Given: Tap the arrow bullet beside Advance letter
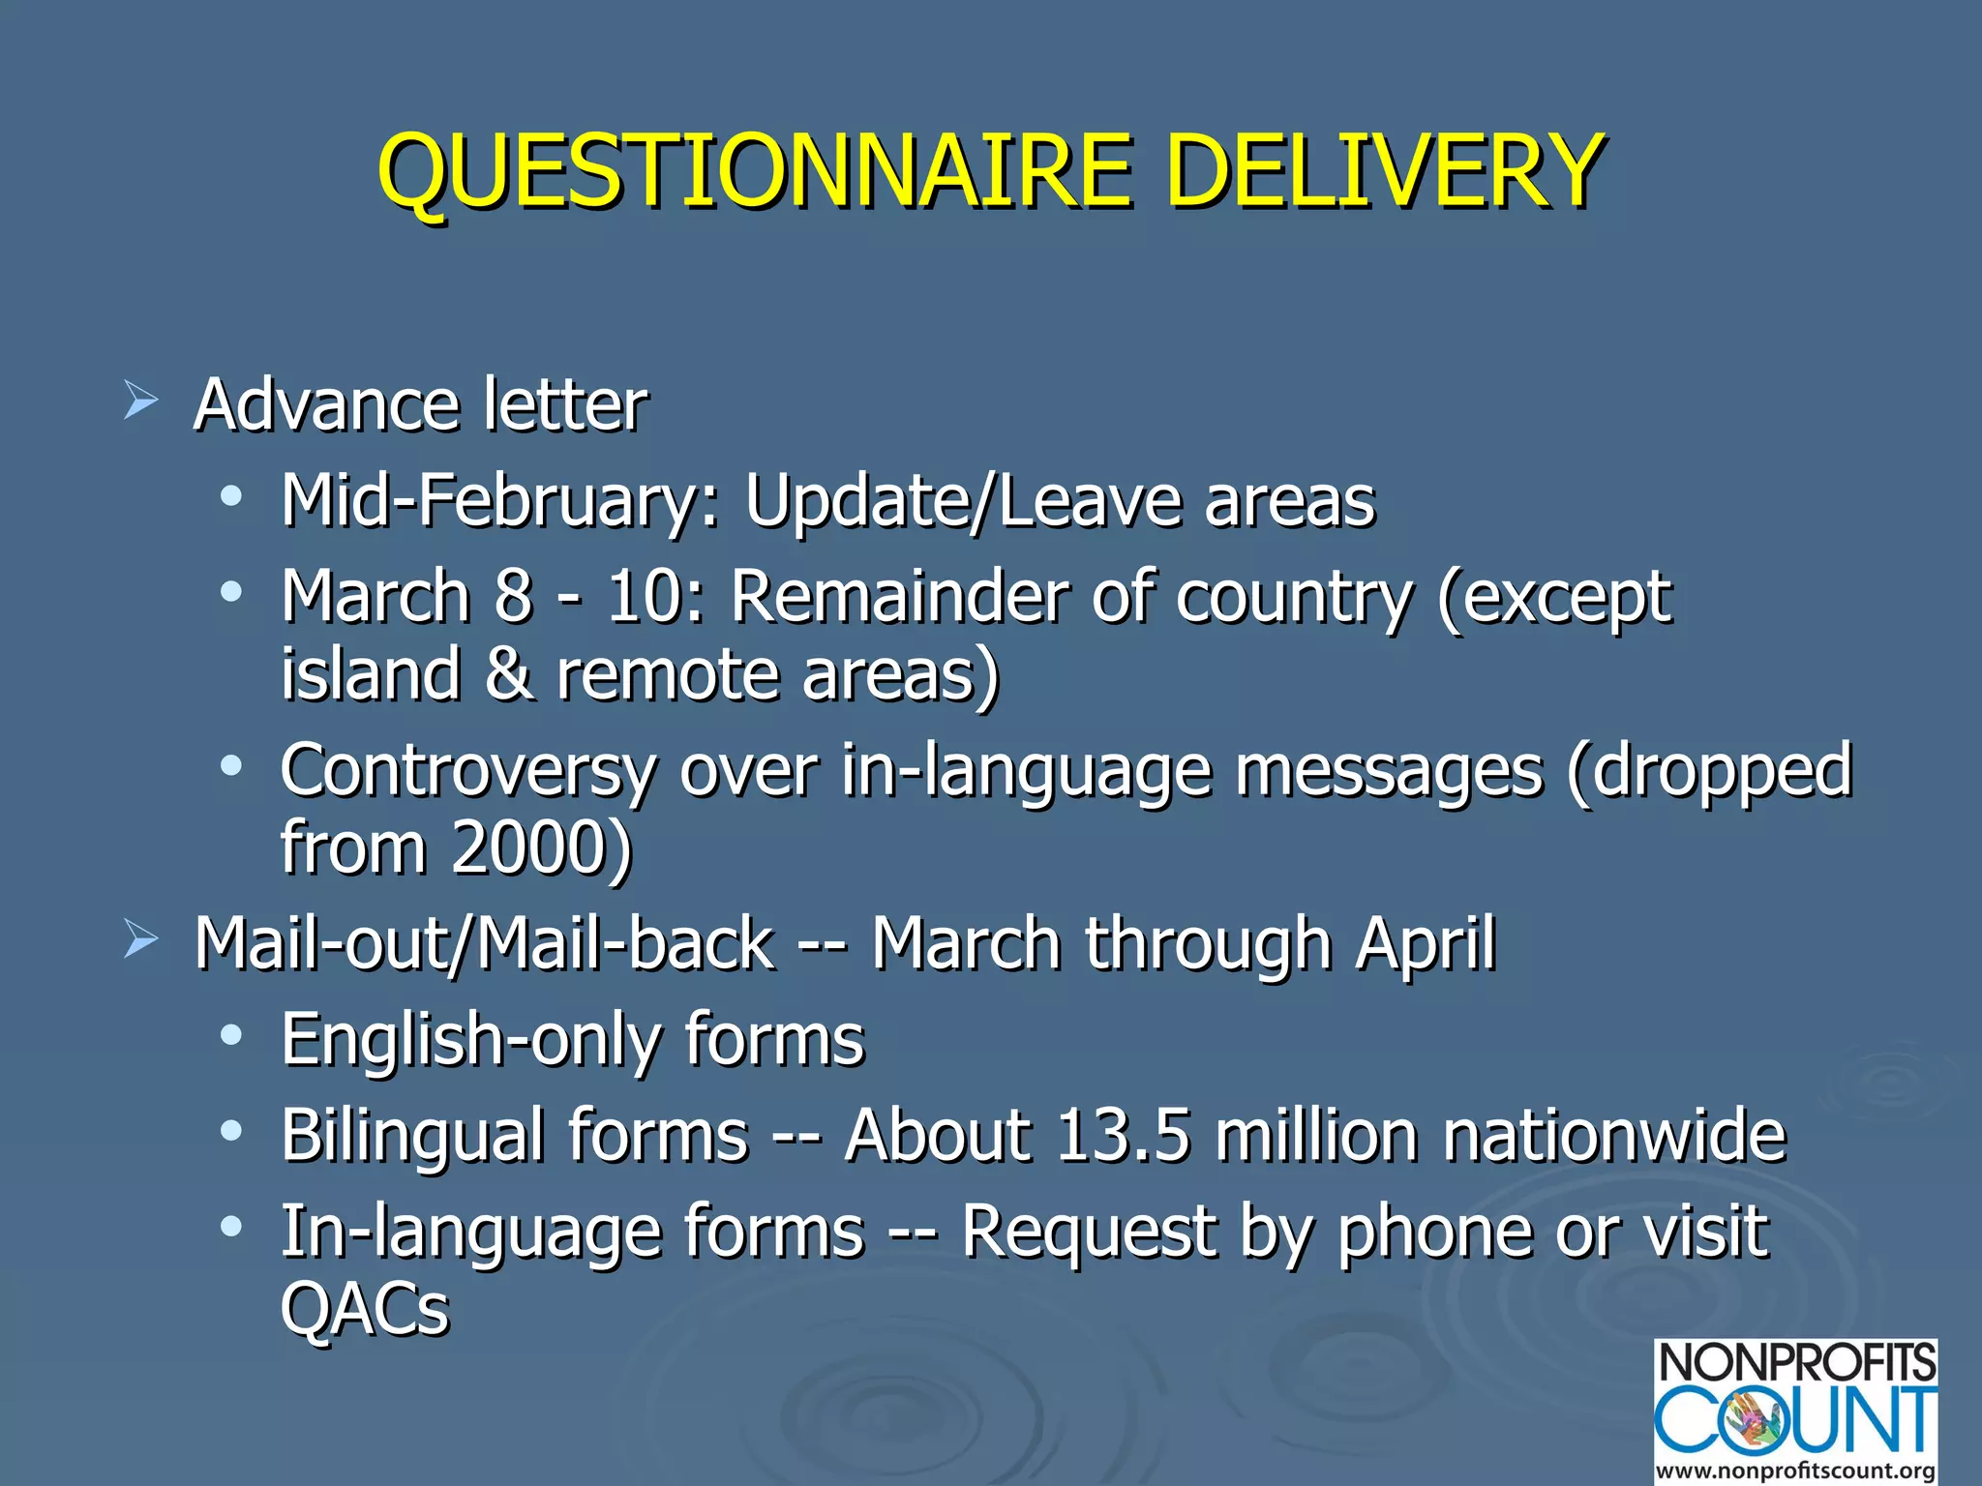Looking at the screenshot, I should pos(140,400).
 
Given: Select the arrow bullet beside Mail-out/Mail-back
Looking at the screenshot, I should pos(140,938).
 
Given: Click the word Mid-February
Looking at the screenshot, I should pos(500,503).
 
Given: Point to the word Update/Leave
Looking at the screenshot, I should pos(963,503).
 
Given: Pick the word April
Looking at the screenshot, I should pos(1426,943).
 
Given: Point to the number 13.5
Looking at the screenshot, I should pos(1122,1135).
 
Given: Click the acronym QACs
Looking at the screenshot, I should pos(365,1309).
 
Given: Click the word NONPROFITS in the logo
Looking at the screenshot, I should pos(1796,1363).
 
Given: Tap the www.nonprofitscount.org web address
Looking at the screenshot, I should pos(1796,1471).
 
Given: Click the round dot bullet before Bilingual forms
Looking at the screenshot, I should pos(230,1130).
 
